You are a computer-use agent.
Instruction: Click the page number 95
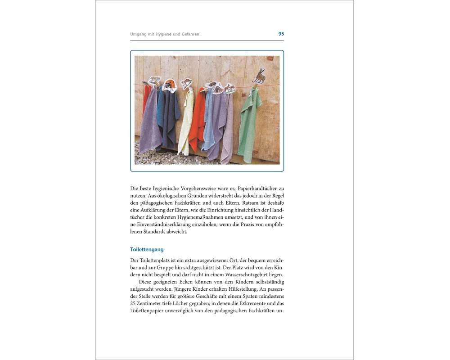281,34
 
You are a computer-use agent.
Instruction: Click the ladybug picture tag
169,85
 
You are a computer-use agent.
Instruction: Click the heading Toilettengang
147,249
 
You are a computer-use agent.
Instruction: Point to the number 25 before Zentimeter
134,304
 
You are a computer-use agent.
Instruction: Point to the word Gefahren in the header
189,34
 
